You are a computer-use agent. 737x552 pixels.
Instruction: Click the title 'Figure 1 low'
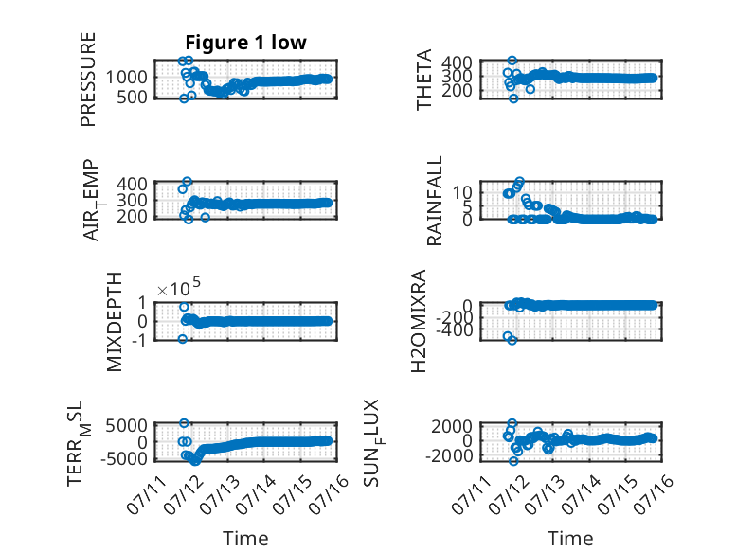[245, 43]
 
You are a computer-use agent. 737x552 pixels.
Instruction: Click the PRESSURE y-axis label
[88, 80]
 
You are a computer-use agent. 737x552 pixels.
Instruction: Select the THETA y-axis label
[424, 80]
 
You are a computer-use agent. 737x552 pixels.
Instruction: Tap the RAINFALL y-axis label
[435, 201]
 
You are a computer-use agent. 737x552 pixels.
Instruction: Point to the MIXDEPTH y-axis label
[115, 322]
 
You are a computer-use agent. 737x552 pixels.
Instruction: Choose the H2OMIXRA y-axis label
[419, 321]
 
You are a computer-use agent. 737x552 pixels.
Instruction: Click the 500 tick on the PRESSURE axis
[132, 98]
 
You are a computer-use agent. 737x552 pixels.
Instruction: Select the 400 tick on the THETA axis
[458, 62]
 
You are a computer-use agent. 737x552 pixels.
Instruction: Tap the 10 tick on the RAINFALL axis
[462, 191]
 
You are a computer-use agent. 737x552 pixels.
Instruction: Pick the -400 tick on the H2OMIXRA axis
[455, 330]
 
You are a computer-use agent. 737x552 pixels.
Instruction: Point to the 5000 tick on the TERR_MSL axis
[126, 426]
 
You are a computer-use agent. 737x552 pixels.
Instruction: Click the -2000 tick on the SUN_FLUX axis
[449, 455]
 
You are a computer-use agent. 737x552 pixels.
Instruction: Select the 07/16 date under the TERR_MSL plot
[329, 494]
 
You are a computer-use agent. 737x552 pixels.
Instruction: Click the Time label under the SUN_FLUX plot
[570, 539]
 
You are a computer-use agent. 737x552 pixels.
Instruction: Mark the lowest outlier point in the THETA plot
[513, 98]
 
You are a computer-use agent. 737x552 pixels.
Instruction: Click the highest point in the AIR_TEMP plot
[187, 182]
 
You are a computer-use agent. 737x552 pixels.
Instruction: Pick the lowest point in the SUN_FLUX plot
[513, 461]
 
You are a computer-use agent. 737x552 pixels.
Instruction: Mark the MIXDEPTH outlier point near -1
[183, 339]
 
